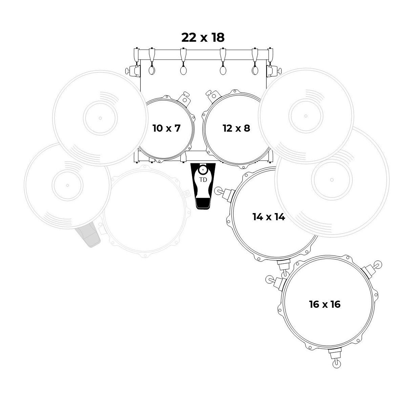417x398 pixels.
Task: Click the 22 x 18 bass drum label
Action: pyautogui.click(x=203, y=37)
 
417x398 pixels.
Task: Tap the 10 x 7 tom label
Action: pyautogui.click(x=166, y=128)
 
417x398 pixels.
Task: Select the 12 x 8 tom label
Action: pyautogui.click(x=236, y=128)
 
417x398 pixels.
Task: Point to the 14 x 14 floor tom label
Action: pyautogui.click(x=269, y=217)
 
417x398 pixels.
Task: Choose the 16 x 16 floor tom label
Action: pyautogui.click(x=324, y=304)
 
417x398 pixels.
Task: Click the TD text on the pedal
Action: pyautogui.click(x=203, y=180)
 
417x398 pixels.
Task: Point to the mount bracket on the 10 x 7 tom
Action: pyautogui.click(x=184, y=98)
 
